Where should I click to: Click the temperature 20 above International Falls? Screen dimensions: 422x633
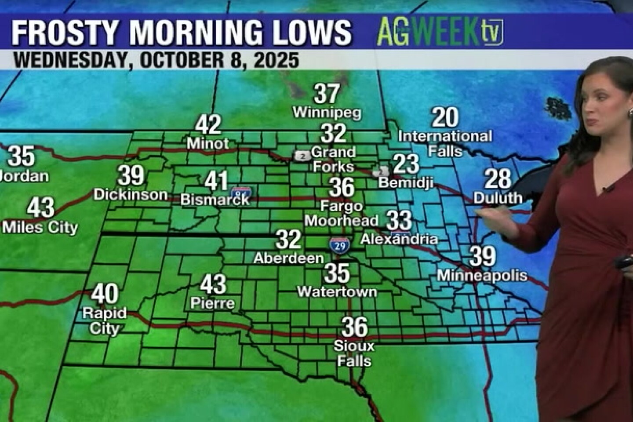click(x=445, y=117)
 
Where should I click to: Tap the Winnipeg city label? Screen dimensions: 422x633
click(x=327, y=113)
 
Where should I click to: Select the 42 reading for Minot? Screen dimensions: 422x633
click(x=208, y=125)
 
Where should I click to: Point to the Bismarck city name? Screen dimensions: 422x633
click(x=215, y=200)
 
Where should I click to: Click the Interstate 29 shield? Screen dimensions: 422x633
click(x=340, y=245)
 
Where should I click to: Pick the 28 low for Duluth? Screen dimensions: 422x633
click(x=498, y=179)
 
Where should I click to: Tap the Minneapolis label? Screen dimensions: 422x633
click(x=482, y=276)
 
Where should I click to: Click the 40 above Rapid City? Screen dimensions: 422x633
click(x=105, y=294)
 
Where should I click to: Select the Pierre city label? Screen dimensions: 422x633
click(x=212, y=303)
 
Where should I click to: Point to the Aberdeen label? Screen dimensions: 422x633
click(x=288, y=258)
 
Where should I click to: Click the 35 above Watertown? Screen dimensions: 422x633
click(x=337, y=273)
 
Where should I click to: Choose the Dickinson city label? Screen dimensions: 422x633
click(x=131, y=194)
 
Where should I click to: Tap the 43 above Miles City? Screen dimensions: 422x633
click(x=40, y=207)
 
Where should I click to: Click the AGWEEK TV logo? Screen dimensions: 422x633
click(x=440, y=32)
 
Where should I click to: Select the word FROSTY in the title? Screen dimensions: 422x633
click(x=65, y=33)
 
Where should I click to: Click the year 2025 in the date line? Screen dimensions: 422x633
click(x=276, y=60)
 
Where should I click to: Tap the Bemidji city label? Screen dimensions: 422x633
click(x=406, y=182)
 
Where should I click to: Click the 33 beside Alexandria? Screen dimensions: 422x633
click(x=399, y=220)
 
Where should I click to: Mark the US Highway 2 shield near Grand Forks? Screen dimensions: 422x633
click(x=302, y=156)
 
